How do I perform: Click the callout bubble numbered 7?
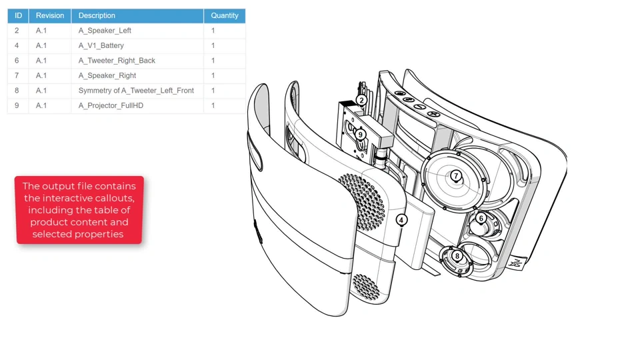[456, 176]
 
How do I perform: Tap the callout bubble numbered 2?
[361, 101]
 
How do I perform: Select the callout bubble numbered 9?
[360, 135]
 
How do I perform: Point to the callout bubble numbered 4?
[401, 220]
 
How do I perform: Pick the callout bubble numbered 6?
[481, 219]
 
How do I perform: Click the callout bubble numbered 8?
[457, 256]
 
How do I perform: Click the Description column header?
[137, 15]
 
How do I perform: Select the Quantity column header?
[225, 15]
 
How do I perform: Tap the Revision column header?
[50, 15]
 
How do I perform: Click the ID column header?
[18, 15]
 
